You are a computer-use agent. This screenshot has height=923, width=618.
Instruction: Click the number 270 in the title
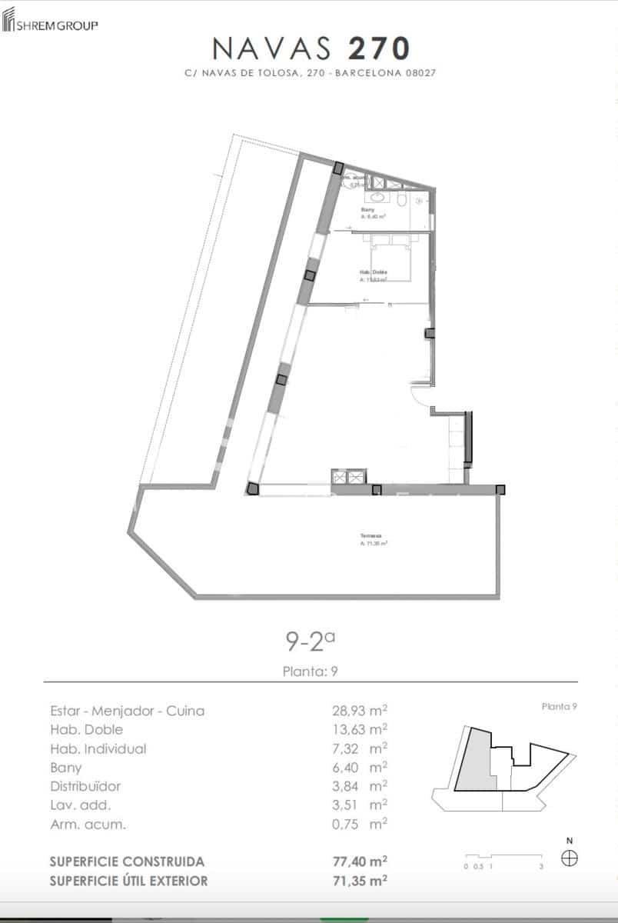378,48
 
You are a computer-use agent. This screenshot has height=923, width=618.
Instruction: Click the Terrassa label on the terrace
371,536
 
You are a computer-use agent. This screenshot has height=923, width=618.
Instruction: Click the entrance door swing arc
421,395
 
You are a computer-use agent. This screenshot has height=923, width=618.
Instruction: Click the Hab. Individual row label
98,748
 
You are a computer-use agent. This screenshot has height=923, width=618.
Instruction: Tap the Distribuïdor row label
85,786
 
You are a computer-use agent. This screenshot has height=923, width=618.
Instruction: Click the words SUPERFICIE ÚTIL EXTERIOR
128,881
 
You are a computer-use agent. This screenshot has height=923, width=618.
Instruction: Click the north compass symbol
569,858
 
